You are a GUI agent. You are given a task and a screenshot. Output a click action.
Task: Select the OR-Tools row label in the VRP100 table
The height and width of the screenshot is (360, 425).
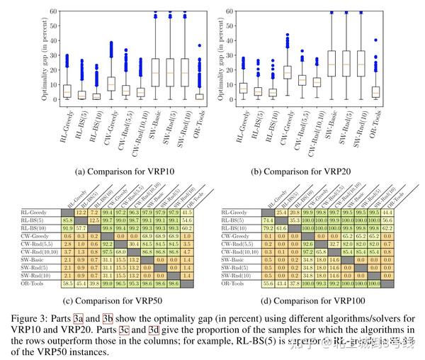point(234,283)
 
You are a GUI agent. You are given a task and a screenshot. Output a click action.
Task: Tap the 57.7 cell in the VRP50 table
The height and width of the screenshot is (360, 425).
point(81,227)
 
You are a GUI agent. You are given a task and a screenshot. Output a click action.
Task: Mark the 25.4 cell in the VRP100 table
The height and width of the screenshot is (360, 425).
point(281,212)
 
